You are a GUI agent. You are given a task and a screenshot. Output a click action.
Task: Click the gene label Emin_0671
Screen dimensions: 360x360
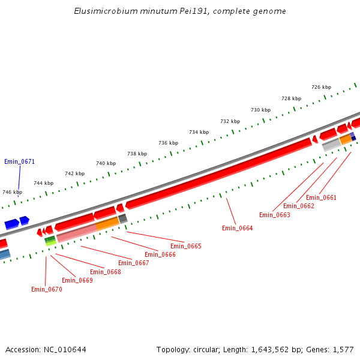pos(19,161)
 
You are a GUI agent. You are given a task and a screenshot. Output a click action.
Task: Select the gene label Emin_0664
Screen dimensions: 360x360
pos(237,228)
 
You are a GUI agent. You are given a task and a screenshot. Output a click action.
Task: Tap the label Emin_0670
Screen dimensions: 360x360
pos(46,289)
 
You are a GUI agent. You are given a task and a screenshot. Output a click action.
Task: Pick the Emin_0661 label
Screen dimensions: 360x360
pos(321,197)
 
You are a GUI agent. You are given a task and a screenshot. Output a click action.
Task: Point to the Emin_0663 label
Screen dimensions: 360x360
pos(274,215)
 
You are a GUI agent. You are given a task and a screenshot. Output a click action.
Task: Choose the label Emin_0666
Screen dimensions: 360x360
pos(160,254)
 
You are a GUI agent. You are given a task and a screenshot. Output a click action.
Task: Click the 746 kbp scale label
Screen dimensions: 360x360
pos(12,192)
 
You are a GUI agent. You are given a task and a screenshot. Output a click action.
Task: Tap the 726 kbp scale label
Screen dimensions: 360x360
pos(321,87)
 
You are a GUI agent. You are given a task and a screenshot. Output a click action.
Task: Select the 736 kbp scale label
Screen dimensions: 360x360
pos(168,143)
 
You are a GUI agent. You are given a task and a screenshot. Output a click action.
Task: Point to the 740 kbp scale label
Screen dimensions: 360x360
pos(106,163)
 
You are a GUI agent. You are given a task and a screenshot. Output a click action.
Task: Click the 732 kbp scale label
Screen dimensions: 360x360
pos(230,121)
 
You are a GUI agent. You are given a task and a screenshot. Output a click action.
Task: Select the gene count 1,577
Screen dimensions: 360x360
pos(343,349)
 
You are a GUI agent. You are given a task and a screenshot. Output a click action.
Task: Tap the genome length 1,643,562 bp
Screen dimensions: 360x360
pos(274,349)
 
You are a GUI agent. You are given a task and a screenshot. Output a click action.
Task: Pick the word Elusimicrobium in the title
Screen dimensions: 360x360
pos(101,11)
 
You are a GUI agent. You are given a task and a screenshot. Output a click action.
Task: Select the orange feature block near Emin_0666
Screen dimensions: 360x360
pos(107,223)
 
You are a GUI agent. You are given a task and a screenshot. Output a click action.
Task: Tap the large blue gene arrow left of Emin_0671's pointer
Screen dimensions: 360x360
pos(11,224)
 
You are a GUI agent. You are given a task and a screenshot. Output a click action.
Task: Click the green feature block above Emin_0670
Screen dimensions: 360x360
pos(50,239)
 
